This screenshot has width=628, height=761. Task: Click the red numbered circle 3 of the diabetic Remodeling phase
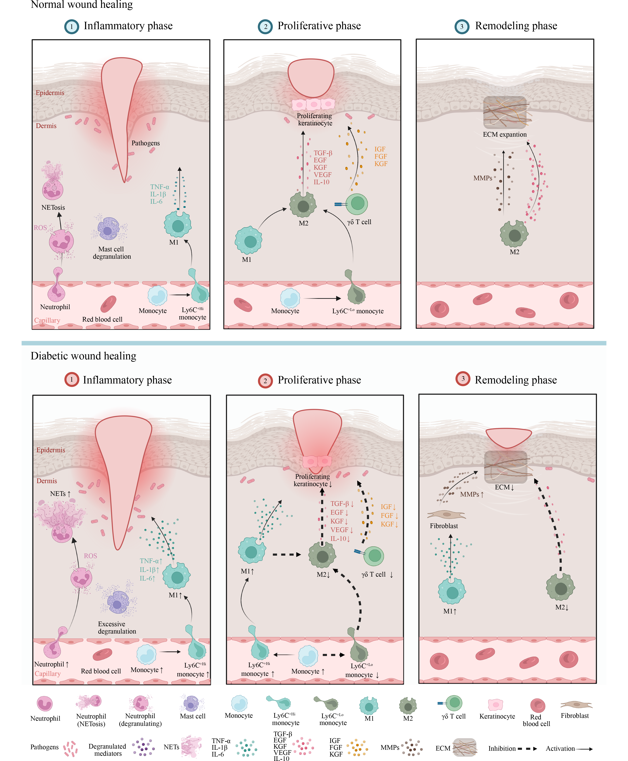pyautogui.click(x=463, y=379)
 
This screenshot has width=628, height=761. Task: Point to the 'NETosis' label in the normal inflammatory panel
pyautogui.click(x=53, y=208)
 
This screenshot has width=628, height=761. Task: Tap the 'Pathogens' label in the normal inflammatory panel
pyautogui.click(x=145, y=143)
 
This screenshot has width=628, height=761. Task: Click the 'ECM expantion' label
pyautogui.click(x=505, y=134)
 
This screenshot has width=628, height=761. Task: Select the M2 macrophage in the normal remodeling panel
pyautogui.click(x=514, y=234)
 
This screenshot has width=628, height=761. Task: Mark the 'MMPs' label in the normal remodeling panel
pyautogui.click(x=483, y=178)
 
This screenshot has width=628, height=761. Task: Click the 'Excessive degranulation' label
pyautogui.click(x=116, y=628)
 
